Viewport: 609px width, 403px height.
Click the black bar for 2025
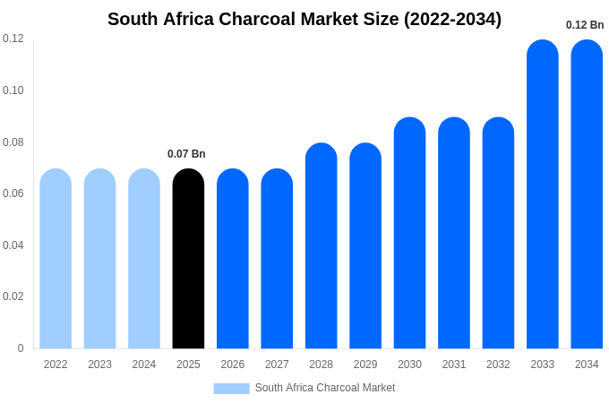pyautogui.click(x=188, y=260)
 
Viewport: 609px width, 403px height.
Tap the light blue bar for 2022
pyautogui.click(x=56, y=260)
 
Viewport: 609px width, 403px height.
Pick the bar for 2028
pyautogui.click(x=321, y=246)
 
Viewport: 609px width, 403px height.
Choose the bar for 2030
pyautogui.click(x=409, y=233)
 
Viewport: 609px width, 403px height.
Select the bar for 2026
pyautogui.click(x=233, y=260)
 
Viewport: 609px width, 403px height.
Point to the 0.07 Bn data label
pyautogui.click(x=186, y=154)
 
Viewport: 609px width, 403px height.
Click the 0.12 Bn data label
pyautogui.click(x=585, y=25)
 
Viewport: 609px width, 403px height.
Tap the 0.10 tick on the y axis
pyautogui.click(x=13, y=90)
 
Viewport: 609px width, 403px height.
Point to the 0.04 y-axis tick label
pyautogui.click(x=13, y=245)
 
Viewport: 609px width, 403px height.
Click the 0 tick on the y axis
pyautogui.click(x=21, y=348)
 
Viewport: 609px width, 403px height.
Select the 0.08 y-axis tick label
pyautogui.click(x=13, y=142)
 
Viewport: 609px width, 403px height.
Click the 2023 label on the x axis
pyautogui.click(x=99, y=364)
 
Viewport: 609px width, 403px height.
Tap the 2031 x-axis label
pyautogui.click(x=454, y=364)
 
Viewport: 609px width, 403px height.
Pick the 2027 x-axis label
pyautogui.click(x=277, y=364)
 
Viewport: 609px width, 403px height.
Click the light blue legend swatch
pyautogui.click(x=231, y=389)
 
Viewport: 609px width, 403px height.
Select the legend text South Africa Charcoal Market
pyautogui.click(x=325, y=388)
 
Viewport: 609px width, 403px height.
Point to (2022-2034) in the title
pyautogui.click(x=452, y=19)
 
